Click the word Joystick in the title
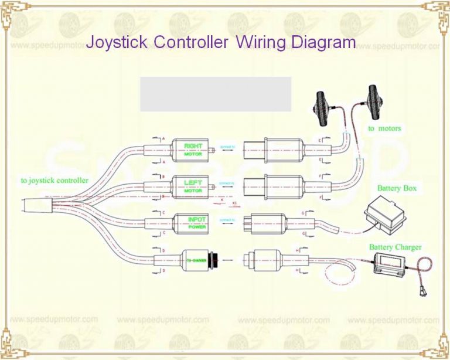(x=117, y=42)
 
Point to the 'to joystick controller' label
(x=54, y=181)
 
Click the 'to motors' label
(x=384, y=128)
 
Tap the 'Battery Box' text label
(x=397, y=188)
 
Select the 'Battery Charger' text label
(x=395, y=247)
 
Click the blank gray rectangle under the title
(x=215, y=94)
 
